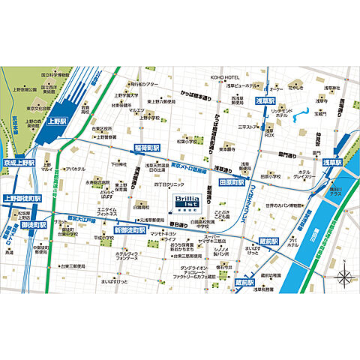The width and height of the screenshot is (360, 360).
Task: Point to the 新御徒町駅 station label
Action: click(130, 229)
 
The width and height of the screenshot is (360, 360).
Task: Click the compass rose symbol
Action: click(343, 277)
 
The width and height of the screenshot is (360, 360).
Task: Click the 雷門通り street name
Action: click(289, 153)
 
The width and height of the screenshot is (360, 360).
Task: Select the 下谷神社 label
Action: click(118, 163)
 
